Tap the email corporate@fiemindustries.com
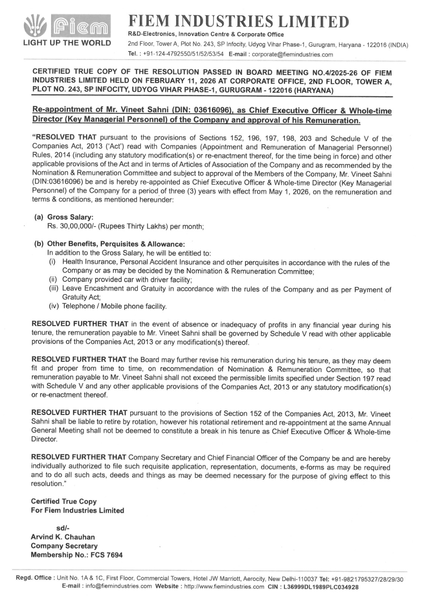292,54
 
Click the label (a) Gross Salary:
64,217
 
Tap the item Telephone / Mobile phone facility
114,306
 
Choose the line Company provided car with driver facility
127,280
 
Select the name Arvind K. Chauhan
63,537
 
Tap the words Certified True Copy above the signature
64,502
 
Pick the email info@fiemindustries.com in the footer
119,587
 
